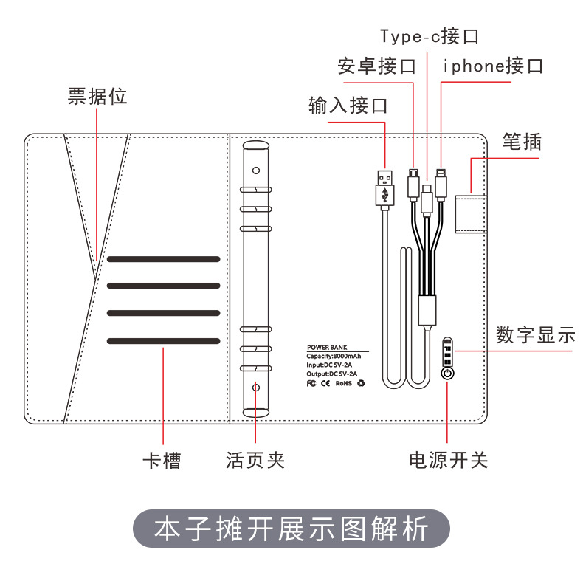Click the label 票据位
pyautogui.click(x=97, y=97)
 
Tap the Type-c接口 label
pyautogui.click(x=430, y=35)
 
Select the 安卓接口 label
pyautogui.click(x=376, y=66)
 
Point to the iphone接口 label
pyautogui.click(x=493, y=66)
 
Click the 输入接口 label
pyautogui.click(x=348, y=106)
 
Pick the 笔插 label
pyautogui.click(x=522, y=141)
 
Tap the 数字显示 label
pyautogui.click(x=535, y=335)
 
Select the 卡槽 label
pyautogui.click(x=162, y=461)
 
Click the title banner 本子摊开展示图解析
pyautogui.click(x=291, y=530)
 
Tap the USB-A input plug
pyautogui.click(x=384, y=187)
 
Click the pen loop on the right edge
pyautogui.click(x=471, y=212)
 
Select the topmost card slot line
pyautogui.click(x=163, y=259)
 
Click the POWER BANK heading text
pyautogui.click(x=327, y=347)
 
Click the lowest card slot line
pyautogui.click(x=163, y=340)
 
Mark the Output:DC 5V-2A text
pyautogui.click(x=332, y=374)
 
